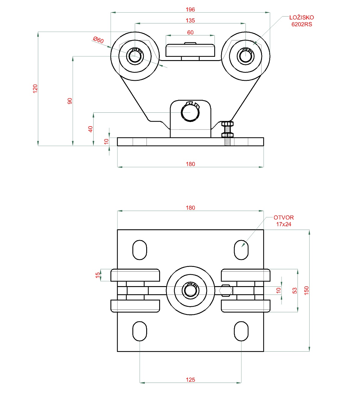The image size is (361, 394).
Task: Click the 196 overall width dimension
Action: (190, 10)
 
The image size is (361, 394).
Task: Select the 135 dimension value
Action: (190, 21)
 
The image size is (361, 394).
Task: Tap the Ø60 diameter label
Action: (98, 40)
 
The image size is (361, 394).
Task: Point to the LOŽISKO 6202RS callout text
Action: (301, 21)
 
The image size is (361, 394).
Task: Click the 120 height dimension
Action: (35, 88)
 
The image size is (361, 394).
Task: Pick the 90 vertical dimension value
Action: (70, 101)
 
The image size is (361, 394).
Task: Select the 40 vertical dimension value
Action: (91, 129)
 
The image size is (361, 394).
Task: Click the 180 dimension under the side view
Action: (190, 164)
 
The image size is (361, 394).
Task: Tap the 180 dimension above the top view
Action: (190, 208)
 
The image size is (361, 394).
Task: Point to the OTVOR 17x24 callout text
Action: (283, 221)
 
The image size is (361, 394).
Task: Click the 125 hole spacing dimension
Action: (190, 380)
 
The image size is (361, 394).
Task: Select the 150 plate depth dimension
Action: (307, 290)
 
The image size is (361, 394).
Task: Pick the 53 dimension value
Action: (295, 291)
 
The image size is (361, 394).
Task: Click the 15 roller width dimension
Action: (97, 275)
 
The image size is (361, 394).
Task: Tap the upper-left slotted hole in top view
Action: (140, 250)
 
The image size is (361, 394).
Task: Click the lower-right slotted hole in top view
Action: (241, 331)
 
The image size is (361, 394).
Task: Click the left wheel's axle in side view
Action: (135, 56)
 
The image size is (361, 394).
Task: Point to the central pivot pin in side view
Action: (190, 112)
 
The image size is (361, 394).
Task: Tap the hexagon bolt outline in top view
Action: (226, 290)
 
